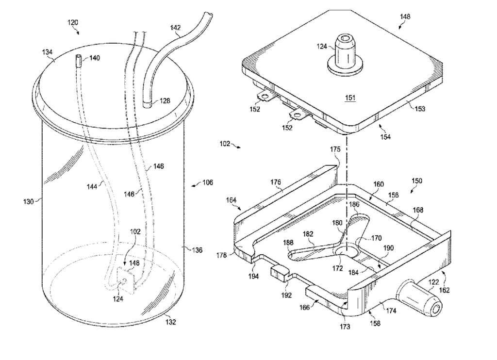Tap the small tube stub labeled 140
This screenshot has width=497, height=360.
[79, 62]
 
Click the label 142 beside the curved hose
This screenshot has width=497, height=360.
[177, 29]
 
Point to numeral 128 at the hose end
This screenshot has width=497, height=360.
[166, 101]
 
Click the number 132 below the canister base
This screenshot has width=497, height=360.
[170, 322]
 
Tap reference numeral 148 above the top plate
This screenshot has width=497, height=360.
[404, 16]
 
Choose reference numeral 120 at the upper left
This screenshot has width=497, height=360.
[73, 22]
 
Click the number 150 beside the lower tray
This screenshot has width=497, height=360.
[417, 180]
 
